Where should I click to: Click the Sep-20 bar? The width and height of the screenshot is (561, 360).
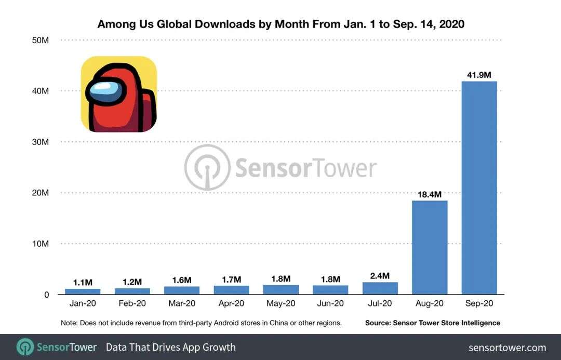(x=479, y=188)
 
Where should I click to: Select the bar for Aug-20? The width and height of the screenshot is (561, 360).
(x=430, y=247)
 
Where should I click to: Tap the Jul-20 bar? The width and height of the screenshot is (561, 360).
(x=380, y=288)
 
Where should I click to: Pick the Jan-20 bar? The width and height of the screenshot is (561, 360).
(x=83, y=291)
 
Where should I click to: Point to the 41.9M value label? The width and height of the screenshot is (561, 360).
(x=479, y=75)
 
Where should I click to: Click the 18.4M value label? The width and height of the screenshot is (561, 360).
(x=430, y=195)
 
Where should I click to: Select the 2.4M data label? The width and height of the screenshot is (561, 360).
(x=380, y=276)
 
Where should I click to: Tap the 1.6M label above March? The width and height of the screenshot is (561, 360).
(x=182, y=280)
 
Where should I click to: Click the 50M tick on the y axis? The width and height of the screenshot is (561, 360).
(x=40, y=40)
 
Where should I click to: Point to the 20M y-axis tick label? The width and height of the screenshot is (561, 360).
(x=40, y=193)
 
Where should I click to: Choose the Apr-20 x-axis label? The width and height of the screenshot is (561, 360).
(x=231, y=303)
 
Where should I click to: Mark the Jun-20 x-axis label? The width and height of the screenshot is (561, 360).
(x=330, y=303)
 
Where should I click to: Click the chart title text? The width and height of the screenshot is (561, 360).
(x=280, y=24)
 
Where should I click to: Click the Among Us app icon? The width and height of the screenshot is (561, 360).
(x=118, y=94)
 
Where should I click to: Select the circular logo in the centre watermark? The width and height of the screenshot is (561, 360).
(x=207, y=167)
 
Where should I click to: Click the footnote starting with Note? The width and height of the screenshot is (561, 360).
(x=201, y=323)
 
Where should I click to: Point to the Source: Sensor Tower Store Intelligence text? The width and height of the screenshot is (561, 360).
(x=433, y=323)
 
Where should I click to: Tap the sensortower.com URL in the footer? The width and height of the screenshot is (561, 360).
(x=507, y=348)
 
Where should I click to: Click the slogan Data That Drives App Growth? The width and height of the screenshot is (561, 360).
(x=170, y=347)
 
